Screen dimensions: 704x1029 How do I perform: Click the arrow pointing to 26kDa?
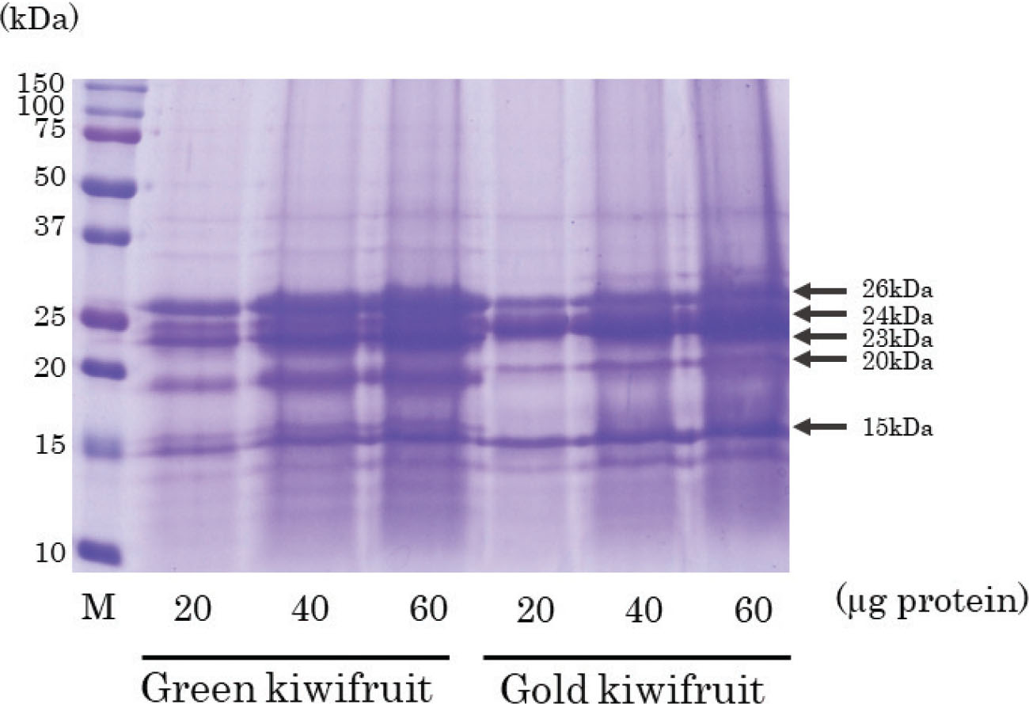pos(822,290)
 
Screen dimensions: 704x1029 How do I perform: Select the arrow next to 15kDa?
pos(822,428)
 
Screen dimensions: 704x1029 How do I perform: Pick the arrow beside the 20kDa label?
pos(822,360)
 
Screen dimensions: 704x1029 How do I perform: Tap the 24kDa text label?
pos(898,316)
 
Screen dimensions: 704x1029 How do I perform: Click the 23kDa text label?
pos(898,338)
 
